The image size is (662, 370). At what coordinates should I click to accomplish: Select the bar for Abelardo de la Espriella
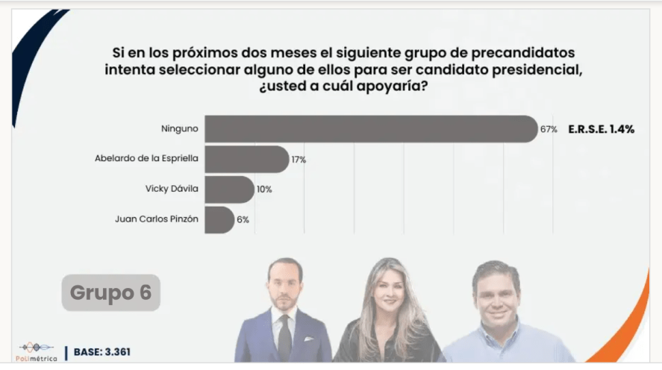[x=246, y=160]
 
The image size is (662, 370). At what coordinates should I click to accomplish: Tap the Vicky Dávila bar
[x=229, y=189]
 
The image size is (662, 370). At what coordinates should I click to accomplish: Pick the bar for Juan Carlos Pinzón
[x=219, y=220]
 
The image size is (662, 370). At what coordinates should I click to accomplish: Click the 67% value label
[x=549, y=129]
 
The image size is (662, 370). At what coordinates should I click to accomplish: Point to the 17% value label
[x=299, y=160]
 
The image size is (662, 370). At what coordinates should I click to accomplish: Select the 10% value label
[x=264, y=189]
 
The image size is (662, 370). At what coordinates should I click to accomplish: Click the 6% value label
[x=243, y=220]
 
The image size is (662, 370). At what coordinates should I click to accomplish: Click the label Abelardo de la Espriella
[x=146, y=159]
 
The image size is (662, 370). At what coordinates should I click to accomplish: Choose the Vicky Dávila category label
[x=172, y=189]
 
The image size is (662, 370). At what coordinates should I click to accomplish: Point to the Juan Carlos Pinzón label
[x=157, y=220]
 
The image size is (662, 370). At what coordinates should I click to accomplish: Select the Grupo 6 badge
[x=110, y=292]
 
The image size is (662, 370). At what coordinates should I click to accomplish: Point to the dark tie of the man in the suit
[x=284, y=333]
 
